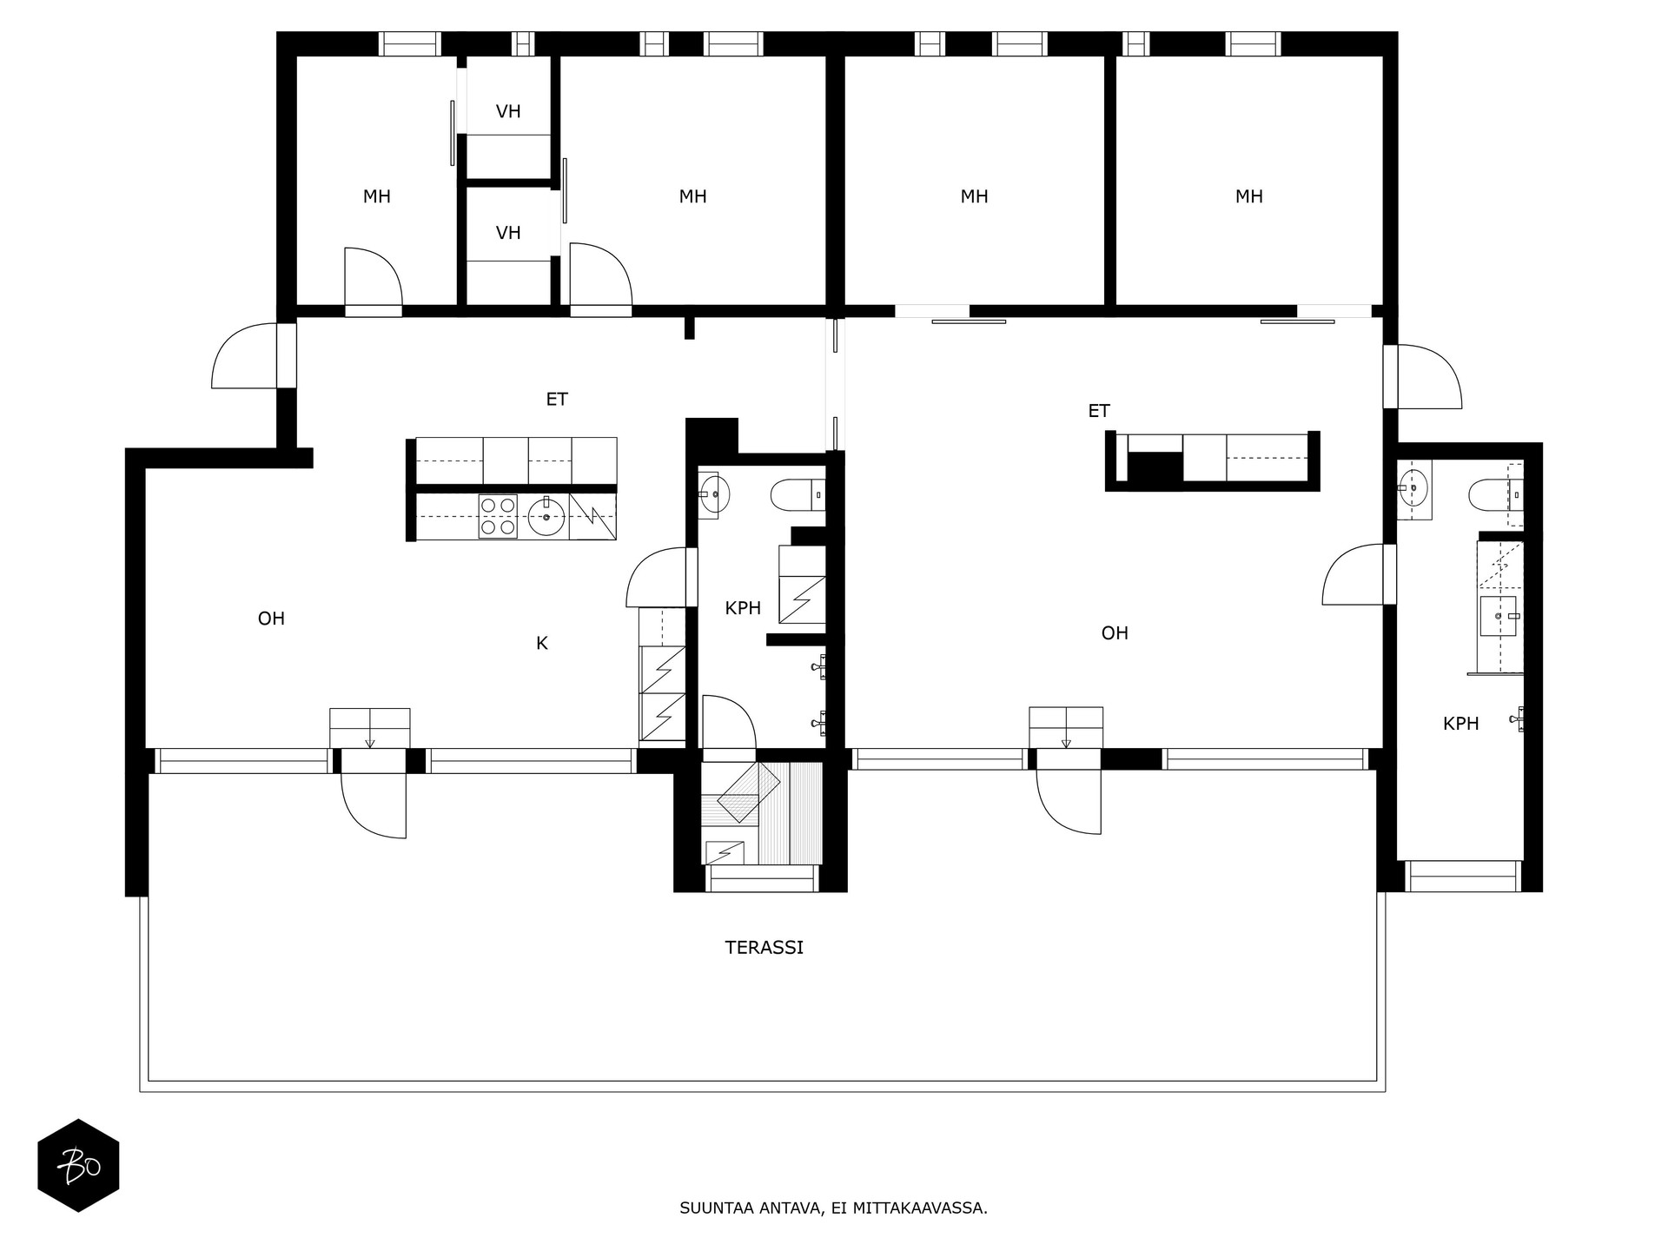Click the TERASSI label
pos(764,948)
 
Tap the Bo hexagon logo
pos(78,1165)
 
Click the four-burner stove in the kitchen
pos(498,517)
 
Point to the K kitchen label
pos(541,644)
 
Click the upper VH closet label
pos(508,111)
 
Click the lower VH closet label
pos(508,233)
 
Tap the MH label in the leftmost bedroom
pos(376,196)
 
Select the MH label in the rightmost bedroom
pos(1248,196)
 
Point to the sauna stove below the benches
pos(725,853)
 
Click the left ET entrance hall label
pos(556,400)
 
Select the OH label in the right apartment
pos(1115,633)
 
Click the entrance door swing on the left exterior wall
pos(245,357)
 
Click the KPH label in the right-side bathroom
pos(1460,724)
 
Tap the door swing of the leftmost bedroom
pos(371,277)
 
